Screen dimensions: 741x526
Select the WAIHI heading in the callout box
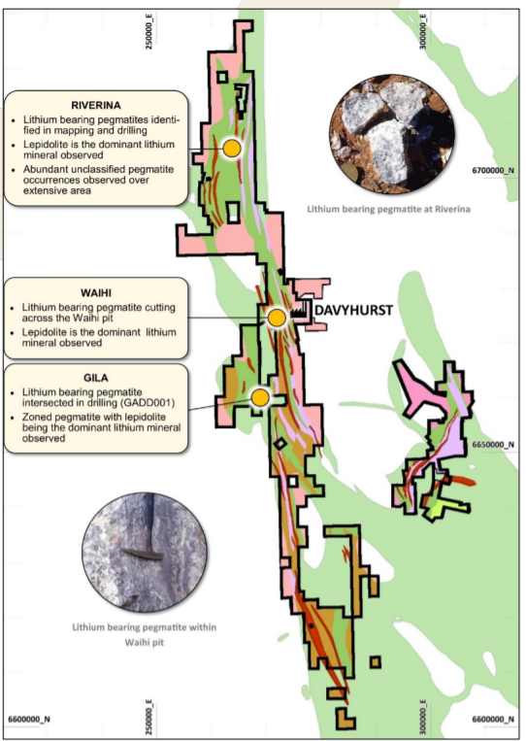tap(95, 291)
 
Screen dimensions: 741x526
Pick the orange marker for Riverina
tap(231, 148)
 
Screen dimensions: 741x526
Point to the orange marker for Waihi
tap(277, 318)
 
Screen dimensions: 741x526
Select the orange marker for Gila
tap(259, 397)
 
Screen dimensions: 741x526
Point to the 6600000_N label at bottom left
tap(30, 719)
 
